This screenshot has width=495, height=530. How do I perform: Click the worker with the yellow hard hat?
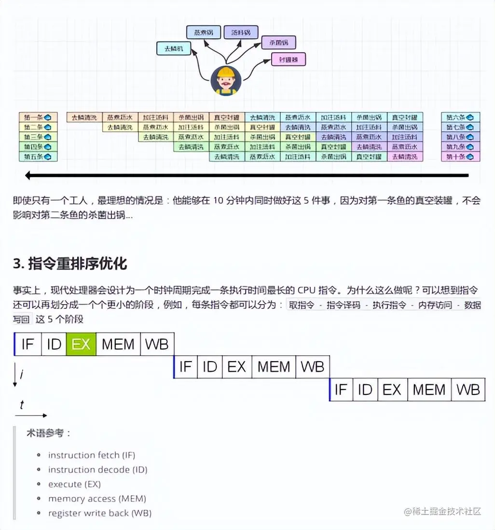point(225,80)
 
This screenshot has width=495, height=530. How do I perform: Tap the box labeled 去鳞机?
point(174,48)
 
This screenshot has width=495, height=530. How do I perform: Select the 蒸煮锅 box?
point(203,32)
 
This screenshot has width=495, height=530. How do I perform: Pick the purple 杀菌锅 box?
point(278,43)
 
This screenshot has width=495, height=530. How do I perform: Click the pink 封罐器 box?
point(289,59)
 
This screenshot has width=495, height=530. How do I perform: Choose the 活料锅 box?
point(241,32)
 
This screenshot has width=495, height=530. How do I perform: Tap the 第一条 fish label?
point(38,117)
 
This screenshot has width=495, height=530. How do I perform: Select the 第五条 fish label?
point(38,156)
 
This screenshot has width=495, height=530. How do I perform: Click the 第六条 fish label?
point(460,117)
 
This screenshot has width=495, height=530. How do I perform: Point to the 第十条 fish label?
point(460,156)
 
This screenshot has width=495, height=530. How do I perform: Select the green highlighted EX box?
point(81,344)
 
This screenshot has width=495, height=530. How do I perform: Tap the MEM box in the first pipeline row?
point(118,344)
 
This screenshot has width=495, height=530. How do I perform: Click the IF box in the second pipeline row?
point(185,367)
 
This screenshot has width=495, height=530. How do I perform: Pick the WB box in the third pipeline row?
point(468,390)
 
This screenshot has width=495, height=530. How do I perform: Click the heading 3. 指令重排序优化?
point(70,264)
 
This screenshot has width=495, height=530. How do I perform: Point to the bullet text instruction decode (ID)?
point(97,470)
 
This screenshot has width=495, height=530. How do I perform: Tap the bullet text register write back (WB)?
point(99,513)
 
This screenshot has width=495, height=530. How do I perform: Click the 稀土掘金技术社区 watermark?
point(443,511)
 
